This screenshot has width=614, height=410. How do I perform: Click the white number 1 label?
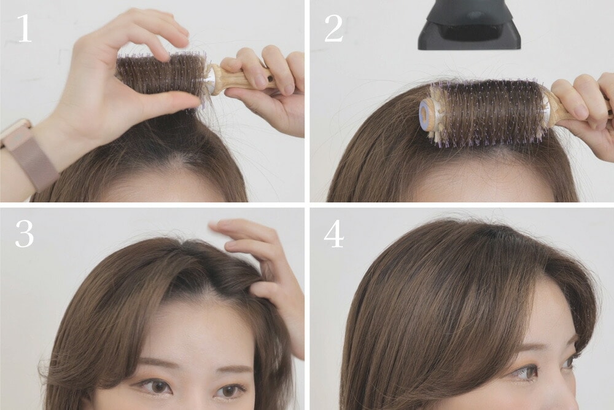[x=25, y=28]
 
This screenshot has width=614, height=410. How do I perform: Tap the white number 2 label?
[x=333, y=28]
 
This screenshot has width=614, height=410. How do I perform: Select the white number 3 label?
[x=25, y=234]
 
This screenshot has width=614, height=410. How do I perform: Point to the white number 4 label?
[x=333, y=234]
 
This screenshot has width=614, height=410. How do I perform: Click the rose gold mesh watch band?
[x=31, y=156]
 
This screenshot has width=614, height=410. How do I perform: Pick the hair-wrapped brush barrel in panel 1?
[x=161, y=74]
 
